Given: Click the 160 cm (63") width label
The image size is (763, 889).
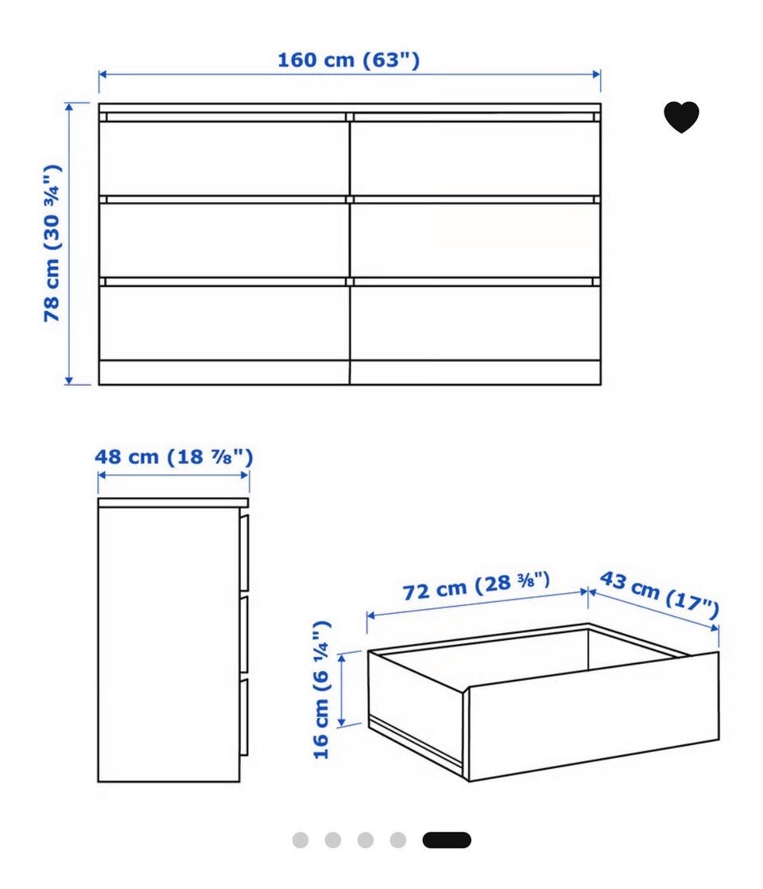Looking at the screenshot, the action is [x=348, y=60].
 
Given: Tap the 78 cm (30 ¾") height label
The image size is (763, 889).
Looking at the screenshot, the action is [x=52, y=243].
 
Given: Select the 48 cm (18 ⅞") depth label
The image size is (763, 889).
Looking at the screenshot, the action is [x=173, y=456].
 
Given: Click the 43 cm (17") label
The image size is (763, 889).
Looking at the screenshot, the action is [x=659, y=594].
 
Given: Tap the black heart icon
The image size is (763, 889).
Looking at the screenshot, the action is [x=681, y=117].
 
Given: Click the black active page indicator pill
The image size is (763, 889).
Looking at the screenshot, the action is [x=447, y=840].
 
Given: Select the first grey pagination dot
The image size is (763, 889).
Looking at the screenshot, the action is [x=300, y=840].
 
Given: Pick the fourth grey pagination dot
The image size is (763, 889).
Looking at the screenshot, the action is [x=398, y=840].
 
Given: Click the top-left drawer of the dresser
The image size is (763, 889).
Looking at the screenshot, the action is [x=224, y=157].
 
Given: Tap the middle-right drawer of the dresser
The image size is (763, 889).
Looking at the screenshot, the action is [x=475, y=240].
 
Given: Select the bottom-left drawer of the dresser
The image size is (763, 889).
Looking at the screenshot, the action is [x=224, y=322].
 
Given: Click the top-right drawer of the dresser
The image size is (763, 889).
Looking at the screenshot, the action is [x=475, y=157].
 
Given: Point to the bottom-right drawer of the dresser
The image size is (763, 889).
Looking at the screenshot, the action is [x=475, y=322].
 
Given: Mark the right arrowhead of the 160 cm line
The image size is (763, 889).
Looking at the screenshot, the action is [x=596, y=74].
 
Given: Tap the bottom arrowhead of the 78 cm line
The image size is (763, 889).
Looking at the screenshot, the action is [x=69, y=380].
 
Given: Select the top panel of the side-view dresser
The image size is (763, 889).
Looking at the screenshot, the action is [x=173, y=503].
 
